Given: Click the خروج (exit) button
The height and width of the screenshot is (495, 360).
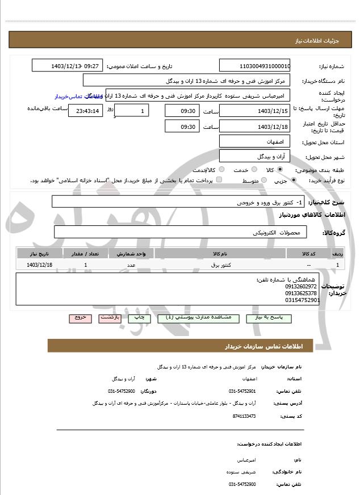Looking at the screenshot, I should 80,318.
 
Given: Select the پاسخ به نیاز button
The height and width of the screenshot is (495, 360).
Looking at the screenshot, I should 269,318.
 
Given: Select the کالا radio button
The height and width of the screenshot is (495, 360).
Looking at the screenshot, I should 279,169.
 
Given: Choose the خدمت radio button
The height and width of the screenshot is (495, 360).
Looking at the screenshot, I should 253,169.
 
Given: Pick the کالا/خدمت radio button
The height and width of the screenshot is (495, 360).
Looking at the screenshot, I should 221,169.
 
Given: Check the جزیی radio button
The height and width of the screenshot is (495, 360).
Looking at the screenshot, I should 293,180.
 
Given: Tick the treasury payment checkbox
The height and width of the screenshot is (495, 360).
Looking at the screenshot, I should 219,180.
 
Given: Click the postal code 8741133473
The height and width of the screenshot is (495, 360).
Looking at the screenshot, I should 244,416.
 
